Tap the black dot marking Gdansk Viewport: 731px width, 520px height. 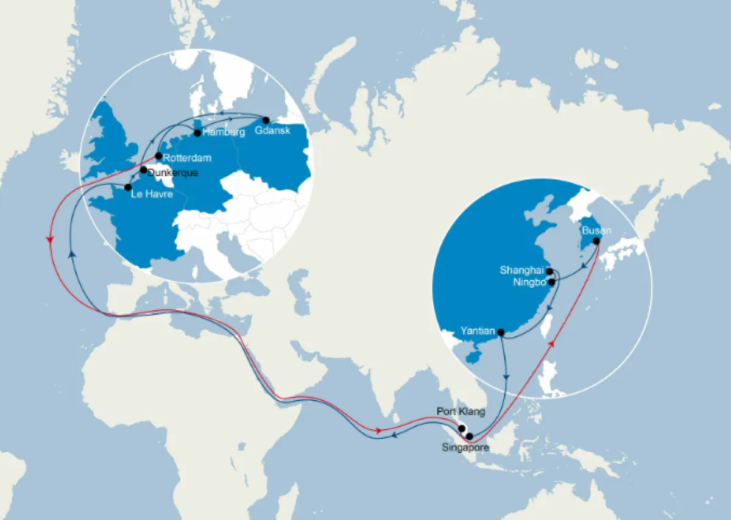tap(266, 120)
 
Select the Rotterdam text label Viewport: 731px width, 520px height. tap(188, 158)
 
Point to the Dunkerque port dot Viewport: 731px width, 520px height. tap(144, 170)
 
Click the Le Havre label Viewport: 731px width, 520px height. tap(152, 195)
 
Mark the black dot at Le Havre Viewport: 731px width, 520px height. tap(128, 187)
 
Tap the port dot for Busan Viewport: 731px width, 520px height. tap(596, 241)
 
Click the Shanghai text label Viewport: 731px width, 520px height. tap(522, 270)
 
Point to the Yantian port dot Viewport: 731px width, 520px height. tap(501, 332)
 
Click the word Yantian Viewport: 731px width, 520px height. tap(477, 332)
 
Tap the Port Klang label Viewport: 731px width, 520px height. tap(461, 411)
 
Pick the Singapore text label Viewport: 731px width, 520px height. tap(465, 447)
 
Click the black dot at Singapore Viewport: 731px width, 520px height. tap(469, 436)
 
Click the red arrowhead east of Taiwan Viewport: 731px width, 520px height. tap(553, 344)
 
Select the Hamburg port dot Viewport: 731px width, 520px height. tap(197, 132)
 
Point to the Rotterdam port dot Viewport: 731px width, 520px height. tap(158, 156)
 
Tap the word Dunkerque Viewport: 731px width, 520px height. tap(173, 173)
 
